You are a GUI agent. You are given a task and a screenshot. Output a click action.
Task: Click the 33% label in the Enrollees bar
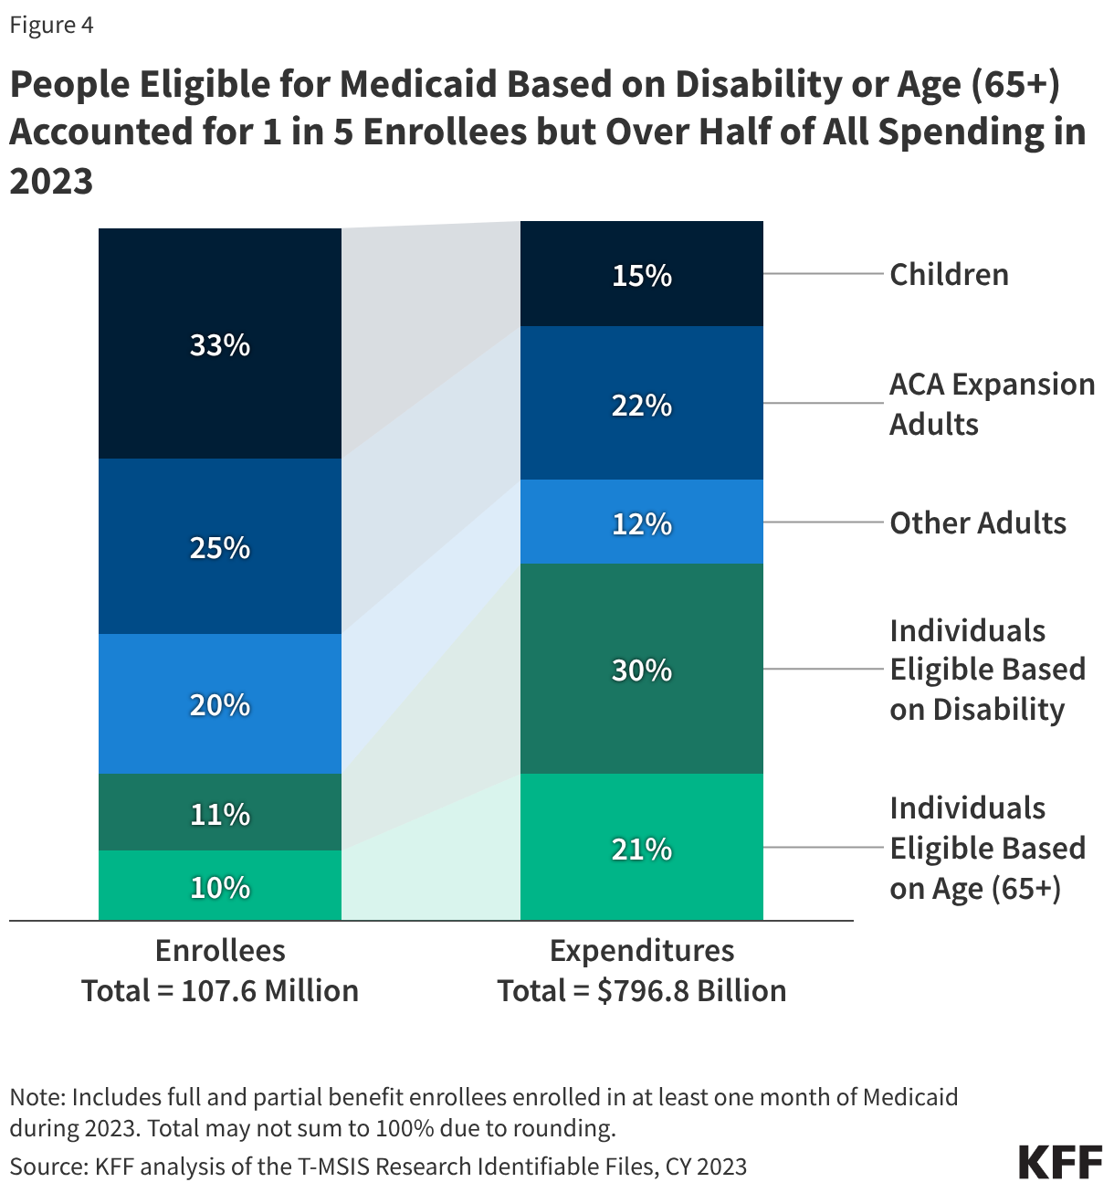(x=220, y=345)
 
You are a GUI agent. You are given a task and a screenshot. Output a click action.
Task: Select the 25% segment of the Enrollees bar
(x=220, y=547)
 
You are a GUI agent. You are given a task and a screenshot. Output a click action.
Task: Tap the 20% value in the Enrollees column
(x=220, y=704)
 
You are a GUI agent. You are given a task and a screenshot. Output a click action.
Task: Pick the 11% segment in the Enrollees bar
(x=220, y=813)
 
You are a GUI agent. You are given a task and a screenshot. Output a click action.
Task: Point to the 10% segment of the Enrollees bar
(x=220, y=887)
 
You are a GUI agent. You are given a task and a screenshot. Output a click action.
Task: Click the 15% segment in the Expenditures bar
(x=641, y=275)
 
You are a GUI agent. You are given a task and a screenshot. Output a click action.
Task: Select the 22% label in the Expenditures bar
(x=641, y=405)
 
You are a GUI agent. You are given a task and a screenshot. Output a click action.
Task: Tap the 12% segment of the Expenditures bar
(x=641, y=523)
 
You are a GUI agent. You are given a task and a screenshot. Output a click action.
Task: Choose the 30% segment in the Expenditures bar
(x=641, y=670)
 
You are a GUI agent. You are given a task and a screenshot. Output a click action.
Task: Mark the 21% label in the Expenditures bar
(x=641, y=849)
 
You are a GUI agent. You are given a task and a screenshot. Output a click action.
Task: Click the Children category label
(x=949, y=274)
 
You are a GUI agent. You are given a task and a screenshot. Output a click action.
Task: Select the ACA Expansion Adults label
(x=991, y=404)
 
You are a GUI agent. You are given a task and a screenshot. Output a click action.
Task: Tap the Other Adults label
(x=977, y=523)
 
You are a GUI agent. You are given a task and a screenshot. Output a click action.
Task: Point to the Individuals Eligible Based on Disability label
(x=986, y=670)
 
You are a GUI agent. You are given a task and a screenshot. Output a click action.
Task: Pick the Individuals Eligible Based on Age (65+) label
(x=986, y=848)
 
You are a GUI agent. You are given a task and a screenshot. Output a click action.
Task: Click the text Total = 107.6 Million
(x=220, y=990)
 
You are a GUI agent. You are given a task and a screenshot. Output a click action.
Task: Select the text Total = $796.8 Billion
(x=641, y=990)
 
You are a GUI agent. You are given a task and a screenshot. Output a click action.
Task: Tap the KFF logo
(x=1060, y=1162)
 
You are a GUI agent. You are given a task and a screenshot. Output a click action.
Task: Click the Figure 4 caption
(x=51, y=25)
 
